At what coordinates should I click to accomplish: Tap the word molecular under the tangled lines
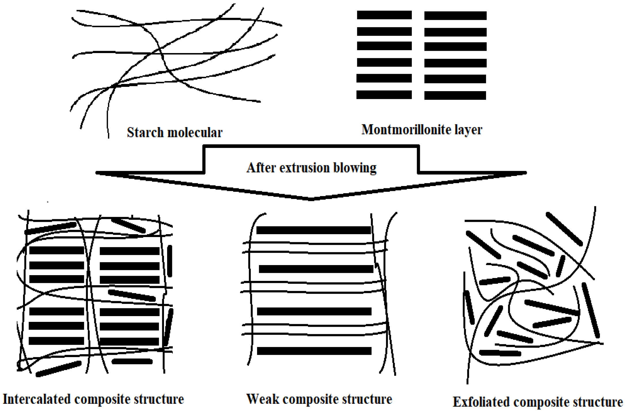(195, 133)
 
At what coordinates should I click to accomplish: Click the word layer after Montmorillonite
(468, 129)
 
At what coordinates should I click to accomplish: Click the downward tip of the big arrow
(311, 198)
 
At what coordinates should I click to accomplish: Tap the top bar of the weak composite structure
(314, 230)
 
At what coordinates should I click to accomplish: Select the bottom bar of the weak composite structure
(314, 351)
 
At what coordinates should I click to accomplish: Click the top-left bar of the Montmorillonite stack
(384, 15)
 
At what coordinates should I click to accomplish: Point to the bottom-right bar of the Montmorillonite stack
(455, 95)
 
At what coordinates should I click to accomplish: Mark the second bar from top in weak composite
(316, 269)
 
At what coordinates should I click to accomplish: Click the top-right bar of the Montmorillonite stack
(455, 16)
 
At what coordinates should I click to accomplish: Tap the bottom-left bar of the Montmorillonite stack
(384, 95)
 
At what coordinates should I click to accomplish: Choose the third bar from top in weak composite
(314, 311)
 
